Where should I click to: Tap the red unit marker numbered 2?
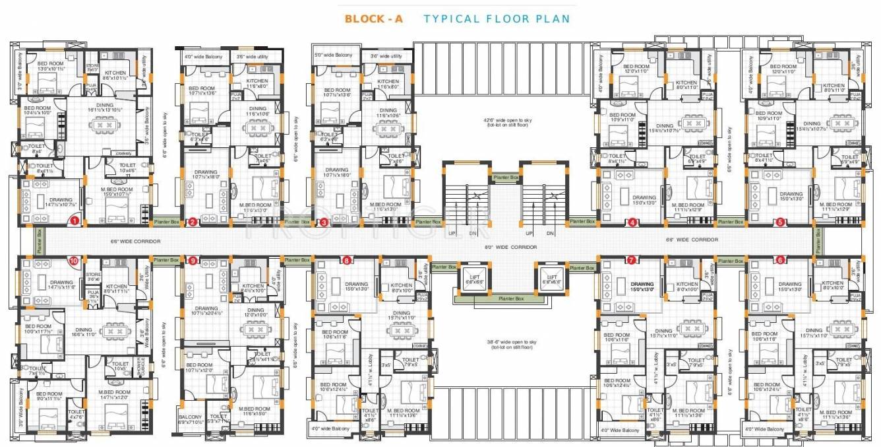(x=192, y=222)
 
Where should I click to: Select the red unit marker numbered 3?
(x=324, y=222)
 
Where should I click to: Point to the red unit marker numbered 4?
(x=632, y=222)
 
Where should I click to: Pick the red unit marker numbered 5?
(x=780, y=222)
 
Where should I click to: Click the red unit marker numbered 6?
(x=780, y=260)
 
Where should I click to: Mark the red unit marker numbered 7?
(x=631, y=260)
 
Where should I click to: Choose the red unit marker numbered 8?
(x=347, y=260)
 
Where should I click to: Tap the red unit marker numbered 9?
(x=193, y=261)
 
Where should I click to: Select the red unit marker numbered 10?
(x=73, y=261)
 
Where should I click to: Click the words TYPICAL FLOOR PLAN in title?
(x=497, y=18)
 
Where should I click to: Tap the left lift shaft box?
(x=473, y=277)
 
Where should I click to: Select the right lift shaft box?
(x=551, y=277)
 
